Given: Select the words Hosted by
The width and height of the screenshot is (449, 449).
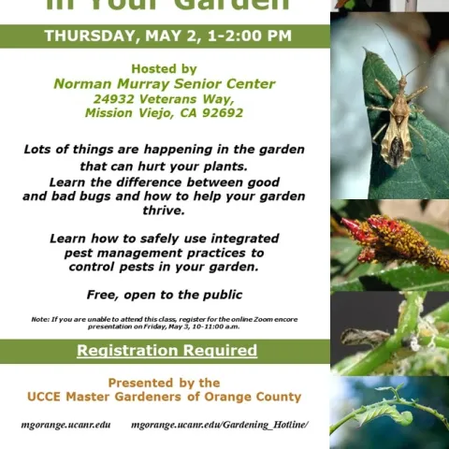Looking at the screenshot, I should [x=164, y=68].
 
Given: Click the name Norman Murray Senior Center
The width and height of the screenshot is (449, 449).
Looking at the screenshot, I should [x=164, y=83].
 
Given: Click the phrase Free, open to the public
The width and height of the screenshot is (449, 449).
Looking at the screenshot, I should [x=164, y=294].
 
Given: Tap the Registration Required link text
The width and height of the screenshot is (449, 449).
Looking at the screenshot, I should [x=167, y=351].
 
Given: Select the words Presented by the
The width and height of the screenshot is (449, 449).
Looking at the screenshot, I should [x=164, y=383].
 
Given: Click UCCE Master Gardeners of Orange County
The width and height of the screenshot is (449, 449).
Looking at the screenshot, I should [x=164, y=397].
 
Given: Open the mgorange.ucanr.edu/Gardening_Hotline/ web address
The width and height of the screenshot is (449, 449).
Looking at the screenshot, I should [x=219, y=425].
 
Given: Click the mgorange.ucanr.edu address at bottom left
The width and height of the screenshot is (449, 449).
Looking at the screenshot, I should [x=65, y=425].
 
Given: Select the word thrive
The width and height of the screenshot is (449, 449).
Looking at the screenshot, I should [x=164, y=211].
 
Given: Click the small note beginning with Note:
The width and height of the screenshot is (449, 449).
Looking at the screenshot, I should [x=164, y=323].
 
